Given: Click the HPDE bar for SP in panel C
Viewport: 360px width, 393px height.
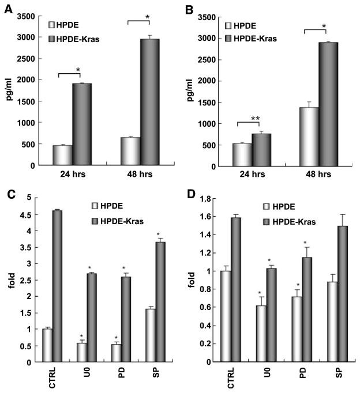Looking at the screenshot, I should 150,336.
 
